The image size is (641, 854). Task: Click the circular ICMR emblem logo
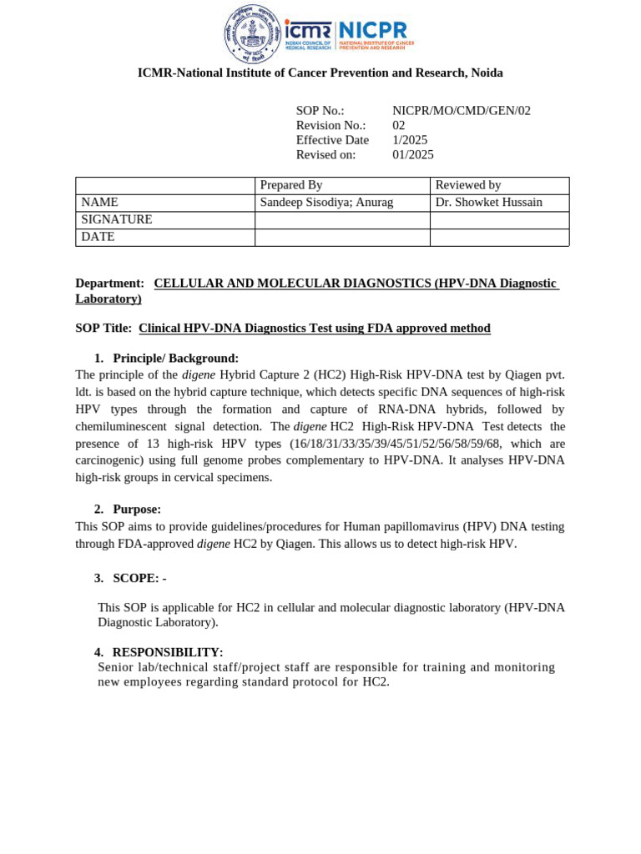coord(253,34)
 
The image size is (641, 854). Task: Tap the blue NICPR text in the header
coord(374,29)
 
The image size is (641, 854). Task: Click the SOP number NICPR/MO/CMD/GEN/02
coord(461,111)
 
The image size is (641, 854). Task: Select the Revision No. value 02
coord(399,126)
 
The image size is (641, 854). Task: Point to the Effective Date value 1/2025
coord(410,140)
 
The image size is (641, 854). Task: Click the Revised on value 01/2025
coord(413,155)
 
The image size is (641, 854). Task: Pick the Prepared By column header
coord(291,185)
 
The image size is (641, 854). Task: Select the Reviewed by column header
coord(468,185)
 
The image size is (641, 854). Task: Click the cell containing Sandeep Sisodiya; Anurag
coord(326,203)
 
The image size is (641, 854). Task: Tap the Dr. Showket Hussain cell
coord(488,203)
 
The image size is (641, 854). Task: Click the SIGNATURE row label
coord(117,220)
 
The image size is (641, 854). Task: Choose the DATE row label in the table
coord(98,238)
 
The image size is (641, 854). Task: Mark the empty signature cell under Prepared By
coord(342,220)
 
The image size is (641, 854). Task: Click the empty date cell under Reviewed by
coord(499,238)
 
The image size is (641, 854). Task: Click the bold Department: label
coord(109,284)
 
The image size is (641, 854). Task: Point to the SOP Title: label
coord(103,329)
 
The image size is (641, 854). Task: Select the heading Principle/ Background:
coord(175,359)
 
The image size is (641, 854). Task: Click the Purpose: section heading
coord(137,510)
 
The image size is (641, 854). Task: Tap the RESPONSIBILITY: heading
coord(167,652)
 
